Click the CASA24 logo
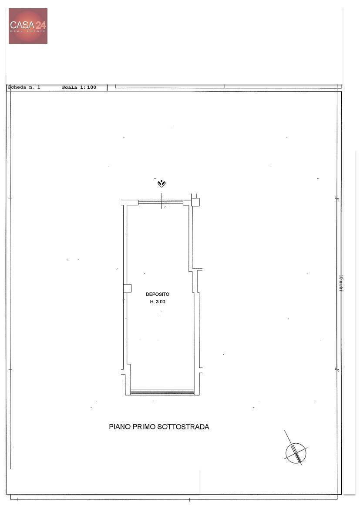28,26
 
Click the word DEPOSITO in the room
158,294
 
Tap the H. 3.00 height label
158,301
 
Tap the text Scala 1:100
79,87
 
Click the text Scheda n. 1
24,87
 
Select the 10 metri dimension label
341,283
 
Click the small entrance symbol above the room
161,184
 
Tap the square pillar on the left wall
128,288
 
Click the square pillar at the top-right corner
195,202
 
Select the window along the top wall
161,203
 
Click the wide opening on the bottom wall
162,392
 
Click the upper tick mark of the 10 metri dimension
337,198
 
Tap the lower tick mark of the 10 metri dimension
337,369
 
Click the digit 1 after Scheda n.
39,87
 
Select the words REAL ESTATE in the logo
28,31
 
